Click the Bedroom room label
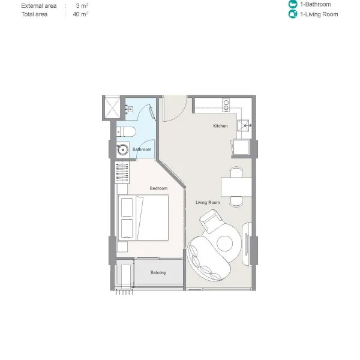click(158, 188)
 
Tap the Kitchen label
click(220, 126)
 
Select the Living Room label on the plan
click(208, 203)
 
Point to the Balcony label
click(158, 272)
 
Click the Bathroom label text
click(142, 149)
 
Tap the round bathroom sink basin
click(123, 149)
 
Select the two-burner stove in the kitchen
click(226, 105)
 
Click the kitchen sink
click(244, 125)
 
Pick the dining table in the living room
click(236, 187)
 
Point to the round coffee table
click(224, 244)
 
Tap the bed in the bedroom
click(143, 218)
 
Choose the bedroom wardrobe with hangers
click(122, 172)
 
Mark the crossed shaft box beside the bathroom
click(112, 107)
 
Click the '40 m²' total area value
click(80, 14)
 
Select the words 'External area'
click(39, 6)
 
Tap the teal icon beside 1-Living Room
click(293, 14)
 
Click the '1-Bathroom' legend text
click(316, 4)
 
